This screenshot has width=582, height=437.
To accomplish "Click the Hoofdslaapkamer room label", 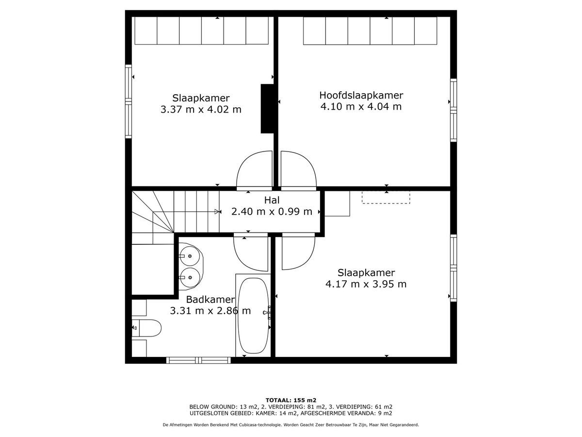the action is click(x=361, y=95).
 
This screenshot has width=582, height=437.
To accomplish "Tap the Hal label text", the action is click(x=272, y=201).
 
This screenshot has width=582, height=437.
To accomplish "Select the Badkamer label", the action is click(x=210, y=299).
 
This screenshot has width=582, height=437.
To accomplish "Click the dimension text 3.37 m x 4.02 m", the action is click(x=201, y=109).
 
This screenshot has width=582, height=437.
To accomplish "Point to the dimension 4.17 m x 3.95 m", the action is click(x=366, y=284).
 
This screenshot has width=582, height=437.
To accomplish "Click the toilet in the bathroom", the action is click(x=146, y=328).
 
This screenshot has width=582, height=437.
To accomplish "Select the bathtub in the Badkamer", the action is click(x=254, y=316).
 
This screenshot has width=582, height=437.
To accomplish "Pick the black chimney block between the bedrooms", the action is click(x=267, y=108).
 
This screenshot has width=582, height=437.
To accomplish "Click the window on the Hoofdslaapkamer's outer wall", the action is click(x=453, y=110).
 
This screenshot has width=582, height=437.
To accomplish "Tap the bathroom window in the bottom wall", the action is click(x=198, y=360).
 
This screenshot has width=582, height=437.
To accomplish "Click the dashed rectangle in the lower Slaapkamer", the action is click(x=386, y=198).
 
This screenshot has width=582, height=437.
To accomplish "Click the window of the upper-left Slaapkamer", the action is click(x=129, y=101).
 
